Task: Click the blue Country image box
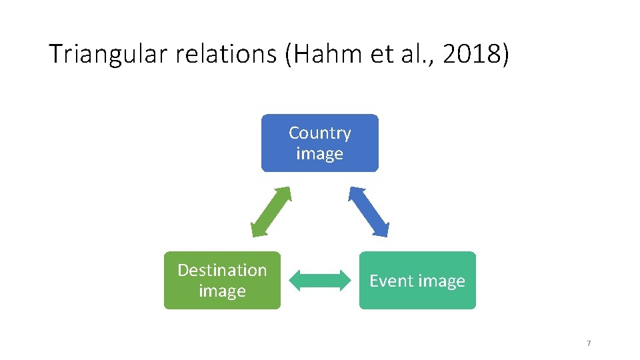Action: [319, 143]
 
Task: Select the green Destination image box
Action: [222, 280]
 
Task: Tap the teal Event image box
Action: [417, 280]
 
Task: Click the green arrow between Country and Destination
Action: [271, 211]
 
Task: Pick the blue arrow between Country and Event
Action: [368, 211]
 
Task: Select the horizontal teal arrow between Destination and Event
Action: [320, 281]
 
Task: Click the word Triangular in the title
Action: [109, 55]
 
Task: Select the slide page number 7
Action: [589, 343]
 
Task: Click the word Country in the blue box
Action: [319, 133]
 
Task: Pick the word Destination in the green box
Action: [222, 270]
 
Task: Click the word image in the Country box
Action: [319, 153]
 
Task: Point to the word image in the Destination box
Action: [222, 291]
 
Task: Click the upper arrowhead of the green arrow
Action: [285, 193]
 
